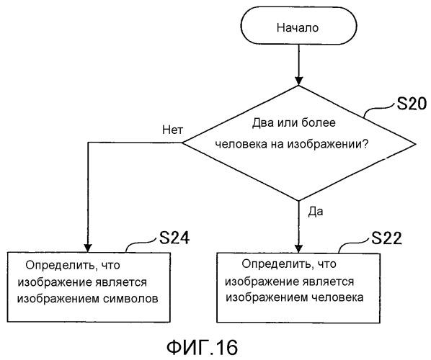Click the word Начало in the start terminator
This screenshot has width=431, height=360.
pos(298,28)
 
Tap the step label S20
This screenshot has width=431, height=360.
pos(412,104)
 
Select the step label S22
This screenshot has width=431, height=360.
pos(386,238)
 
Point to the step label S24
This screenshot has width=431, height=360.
pos(174,238)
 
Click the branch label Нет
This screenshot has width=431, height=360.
pos(173,130)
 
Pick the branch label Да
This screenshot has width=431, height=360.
pos(315,212)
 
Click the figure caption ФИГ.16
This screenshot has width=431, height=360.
pos(203,348)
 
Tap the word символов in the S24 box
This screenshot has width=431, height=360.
pos(131,299)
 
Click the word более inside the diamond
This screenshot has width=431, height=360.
pos(319,122)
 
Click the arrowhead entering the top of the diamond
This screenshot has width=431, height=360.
pos(299,81)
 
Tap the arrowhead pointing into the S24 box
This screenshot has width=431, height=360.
pos(88,248)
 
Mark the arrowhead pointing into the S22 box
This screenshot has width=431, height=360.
pos(299,248)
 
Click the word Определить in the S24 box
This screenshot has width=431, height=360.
pos(61,265)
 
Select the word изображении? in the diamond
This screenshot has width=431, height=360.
pos(328,144)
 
